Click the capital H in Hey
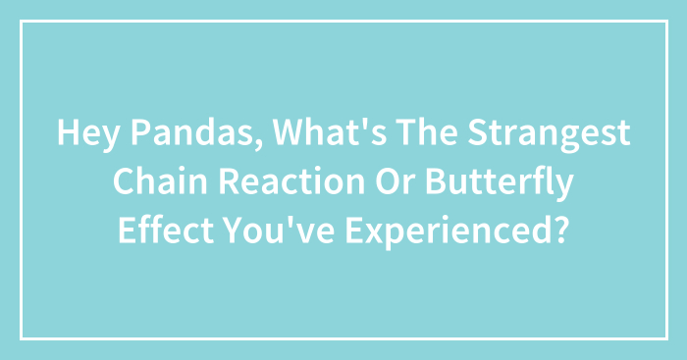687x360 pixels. pyautogui.click(x=66, y=134)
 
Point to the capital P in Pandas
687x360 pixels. pyautogui.click(x=122, y=134)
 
